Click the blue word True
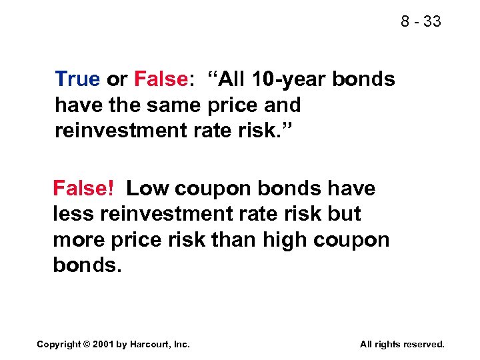77,79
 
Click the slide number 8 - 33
421,21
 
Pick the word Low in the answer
148,189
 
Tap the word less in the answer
70,214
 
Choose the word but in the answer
343,214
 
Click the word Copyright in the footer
59,344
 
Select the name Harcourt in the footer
153,344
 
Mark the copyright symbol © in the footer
87,344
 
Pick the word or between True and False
117,79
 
